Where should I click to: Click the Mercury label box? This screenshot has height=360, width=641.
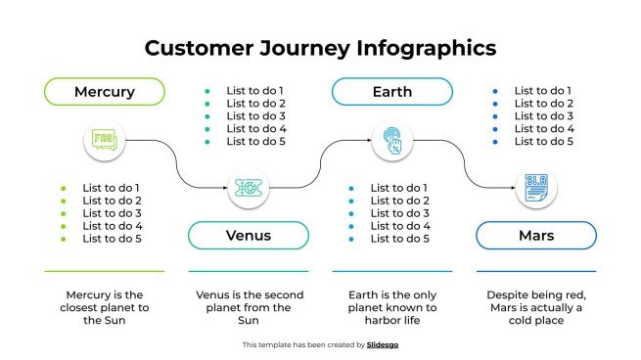click(104, 92)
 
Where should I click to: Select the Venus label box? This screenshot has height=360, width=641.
click(248, 236)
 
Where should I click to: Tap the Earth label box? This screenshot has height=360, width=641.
click(391, 92)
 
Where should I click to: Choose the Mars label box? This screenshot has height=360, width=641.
click(535, 236)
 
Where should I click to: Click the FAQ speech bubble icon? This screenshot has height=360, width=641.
click(104, 141)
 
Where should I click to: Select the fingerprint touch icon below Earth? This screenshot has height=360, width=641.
click(391, 141)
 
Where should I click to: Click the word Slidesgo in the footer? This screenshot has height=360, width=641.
click(383, 344)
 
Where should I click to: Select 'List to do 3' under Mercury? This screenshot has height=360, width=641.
click(112, 213)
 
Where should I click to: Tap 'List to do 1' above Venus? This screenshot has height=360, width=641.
click(255, 91)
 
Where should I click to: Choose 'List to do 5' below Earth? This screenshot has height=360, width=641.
click(399, 239)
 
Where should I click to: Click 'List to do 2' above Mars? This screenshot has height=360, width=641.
click(543, 104)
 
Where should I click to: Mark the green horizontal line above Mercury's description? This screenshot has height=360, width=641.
click(104, 271)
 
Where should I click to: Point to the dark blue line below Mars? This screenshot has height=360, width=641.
click(535, 271)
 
